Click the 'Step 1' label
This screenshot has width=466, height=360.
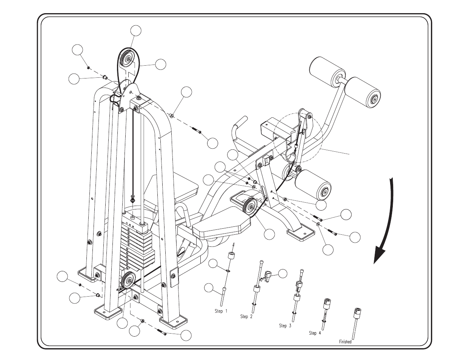(x=221, y=311)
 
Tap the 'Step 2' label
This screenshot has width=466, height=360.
(x=246, y=317)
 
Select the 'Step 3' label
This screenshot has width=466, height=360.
(x=285, y=326)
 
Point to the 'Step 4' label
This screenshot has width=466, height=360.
(x=315, y=333)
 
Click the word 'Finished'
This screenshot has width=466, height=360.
(x=345, y=342)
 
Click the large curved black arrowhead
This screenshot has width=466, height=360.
(x=380, y=254)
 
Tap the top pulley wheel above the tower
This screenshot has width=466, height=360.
(x=128, y=59)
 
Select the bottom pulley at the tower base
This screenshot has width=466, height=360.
(x=128, y=281)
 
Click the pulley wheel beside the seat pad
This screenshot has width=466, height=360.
(x=250, y=207)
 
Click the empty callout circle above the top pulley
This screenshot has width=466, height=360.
(x=136, y=31)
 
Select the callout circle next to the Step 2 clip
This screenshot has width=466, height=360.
(x=283, y=273)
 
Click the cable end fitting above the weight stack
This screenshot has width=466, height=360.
(x=133, y=198)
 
